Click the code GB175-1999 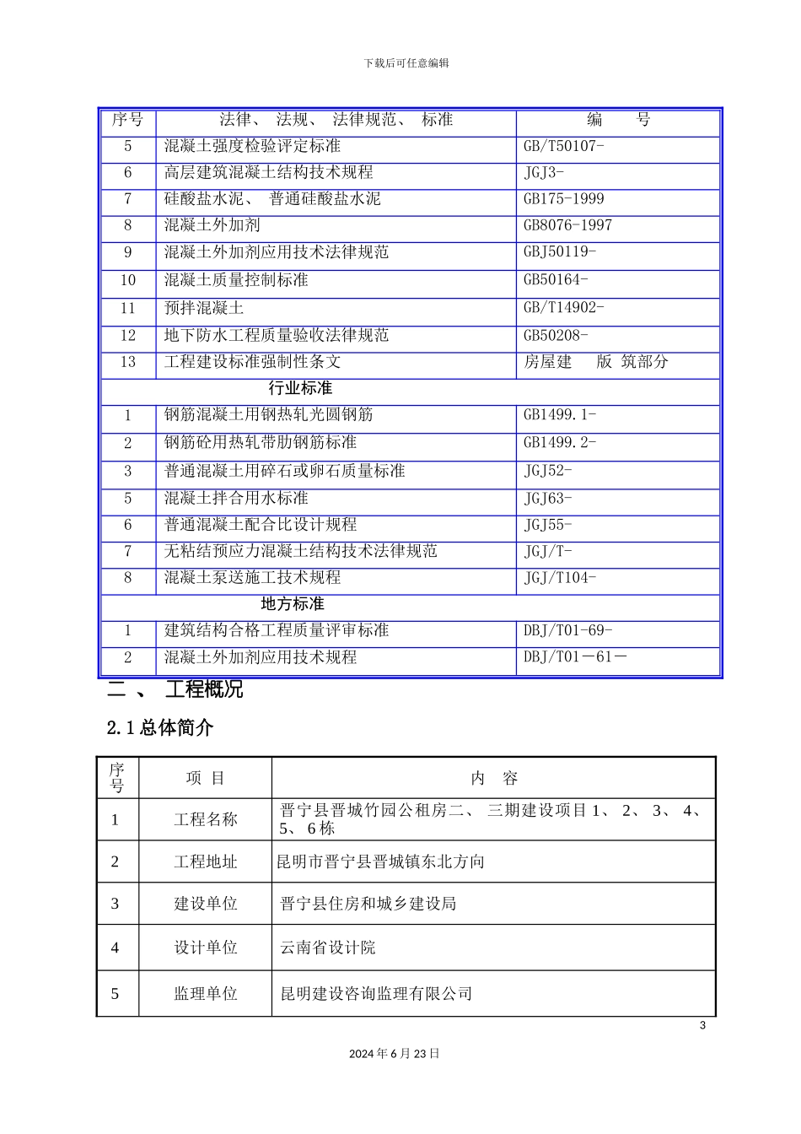tap(563, 199)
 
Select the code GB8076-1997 tap(567, 225)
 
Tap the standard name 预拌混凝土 tap(204, 308)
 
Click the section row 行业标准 tap(300, 388)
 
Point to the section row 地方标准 tap(292, 604)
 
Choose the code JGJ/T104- tap(560, 578)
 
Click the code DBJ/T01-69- tap(567, 630)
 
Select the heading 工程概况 tap(204, 689)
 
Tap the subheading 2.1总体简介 tap(160, 727)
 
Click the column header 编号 tap(618, 120)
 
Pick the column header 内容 tap(494, 779)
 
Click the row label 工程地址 tap(206, 862)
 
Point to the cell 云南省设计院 tap(328, 948)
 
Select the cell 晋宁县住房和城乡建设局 tap(368, 904)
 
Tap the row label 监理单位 tap(206, 994)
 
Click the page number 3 tap(702, 1026)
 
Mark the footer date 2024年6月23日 tap(395, 1054)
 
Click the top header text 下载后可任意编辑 tap(406, 63)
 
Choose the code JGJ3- tap(544, 172)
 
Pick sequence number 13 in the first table tap(128, 362)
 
